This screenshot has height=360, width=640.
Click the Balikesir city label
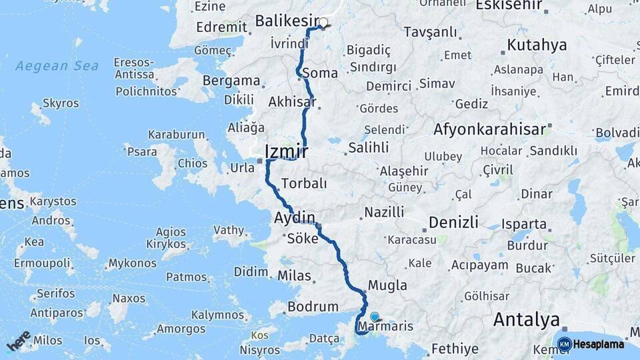(287, 21)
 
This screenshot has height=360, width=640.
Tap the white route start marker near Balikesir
(323, 23)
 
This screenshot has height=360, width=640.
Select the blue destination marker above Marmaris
(374, 317)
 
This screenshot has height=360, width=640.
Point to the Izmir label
(286, 151)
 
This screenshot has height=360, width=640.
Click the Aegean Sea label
(57, 66)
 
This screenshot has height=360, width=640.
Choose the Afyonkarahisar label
(490, 129)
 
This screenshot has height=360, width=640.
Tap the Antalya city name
(526, 320)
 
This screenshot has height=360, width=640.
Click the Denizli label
(453, 221)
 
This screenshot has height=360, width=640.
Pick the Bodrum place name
(313, 307)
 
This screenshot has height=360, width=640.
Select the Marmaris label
(386, 327)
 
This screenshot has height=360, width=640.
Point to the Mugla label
(387, 285)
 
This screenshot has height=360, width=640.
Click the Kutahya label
(537, 45)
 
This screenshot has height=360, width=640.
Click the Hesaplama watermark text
(599, 345)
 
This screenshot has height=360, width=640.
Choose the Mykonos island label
(132, 263)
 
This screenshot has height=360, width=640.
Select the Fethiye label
(455, 349)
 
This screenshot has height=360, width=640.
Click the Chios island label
(192, 163)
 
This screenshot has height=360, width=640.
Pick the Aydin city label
(295, 217)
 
